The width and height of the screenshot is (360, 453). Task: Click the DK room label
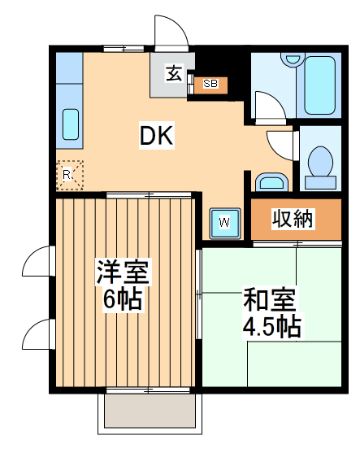[156, 136]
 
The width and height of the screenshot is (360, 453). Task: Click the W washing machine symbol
[225, 221]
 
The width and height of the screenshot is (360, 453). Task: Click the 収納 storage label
[293, 219]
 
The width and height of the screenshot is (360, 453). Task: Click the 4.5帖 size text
[271, 327]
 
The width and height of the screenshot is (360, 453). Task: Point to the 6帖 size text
[122, 300]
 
